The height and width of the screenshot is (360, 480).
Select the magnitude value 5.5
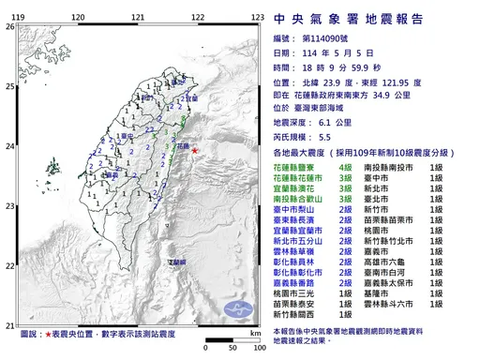pyautogui.click(x=325, y=136)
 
